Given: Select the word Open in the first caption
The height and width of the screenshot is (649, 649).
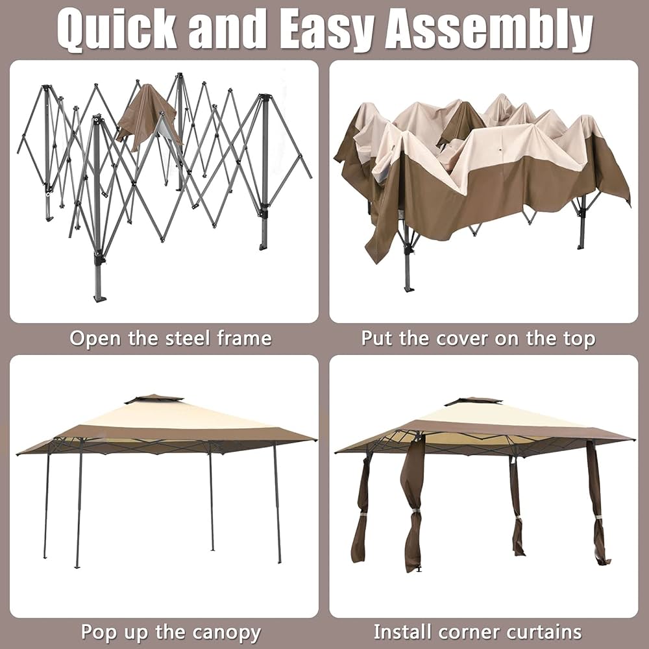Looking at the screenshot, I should pyautogui.click(x=95, y=338).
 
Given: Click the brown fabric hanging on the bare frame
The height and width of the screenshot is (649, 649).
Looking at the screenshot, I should pyautogui.click(x=144, y=116).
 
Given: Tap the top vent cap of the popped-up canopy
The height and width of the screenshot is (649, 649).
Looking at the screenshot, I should pyautogui.click(x=154, y=398).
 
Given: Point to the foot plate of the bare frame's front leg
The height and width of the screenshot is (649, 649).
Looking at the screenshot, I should pyautogui.click(x=99, y=298).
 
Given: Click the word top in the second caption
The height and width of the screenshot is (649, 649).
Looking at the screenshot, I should pyautogui.click(x=579, y=338).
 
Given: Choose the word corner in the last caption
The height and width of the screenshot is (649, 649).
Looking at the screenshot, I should pyautogui.click(x=472, y=632).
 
